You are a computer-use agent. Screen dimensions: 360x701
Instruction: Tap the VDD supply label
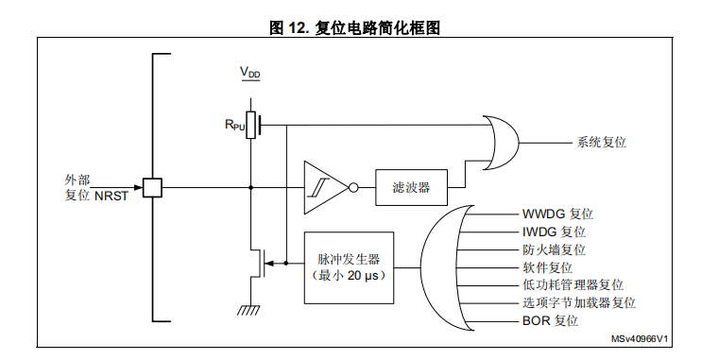[x=249, y=73]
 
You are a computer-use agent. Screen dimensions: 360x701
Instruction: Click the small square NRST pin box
[x=151, y=187]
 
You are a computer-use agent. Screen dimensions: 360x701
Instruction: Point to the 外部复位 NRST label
[x=89, y=187]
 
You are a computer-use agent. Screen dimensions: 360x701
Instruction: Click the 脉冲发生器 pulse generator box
[x=349, y=266]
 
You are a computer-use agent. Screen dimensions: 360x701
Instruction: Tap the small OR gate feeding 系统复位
[x=502, y=142]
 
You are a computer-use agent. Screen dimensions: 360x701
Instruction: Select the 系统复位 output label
[x=601, y=142]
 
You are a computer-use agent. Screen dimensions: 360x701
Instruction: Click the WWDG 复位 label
[x=557, y=214]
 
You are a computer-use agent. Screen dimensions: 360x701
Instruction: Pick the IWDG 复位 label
[x=554, y=231]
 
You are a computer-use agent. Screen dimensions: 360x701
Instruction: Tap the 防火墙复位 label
[x=554, y=249]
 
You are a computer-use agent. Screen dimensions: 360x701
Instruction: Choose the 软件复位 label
[x=548, y=267]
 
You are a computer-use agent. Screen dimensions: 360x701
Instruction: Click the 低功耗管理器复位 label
[x=573, y=285]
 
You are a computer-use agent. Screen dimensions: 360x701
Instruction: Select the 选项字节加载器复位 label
[x=578, y=303]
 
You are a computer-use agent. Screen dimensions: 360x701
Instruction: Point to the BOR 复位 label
[x=550, y=321]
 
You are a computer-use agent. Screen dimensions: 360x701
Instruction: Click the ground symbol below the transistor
[x=250, y=309]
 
